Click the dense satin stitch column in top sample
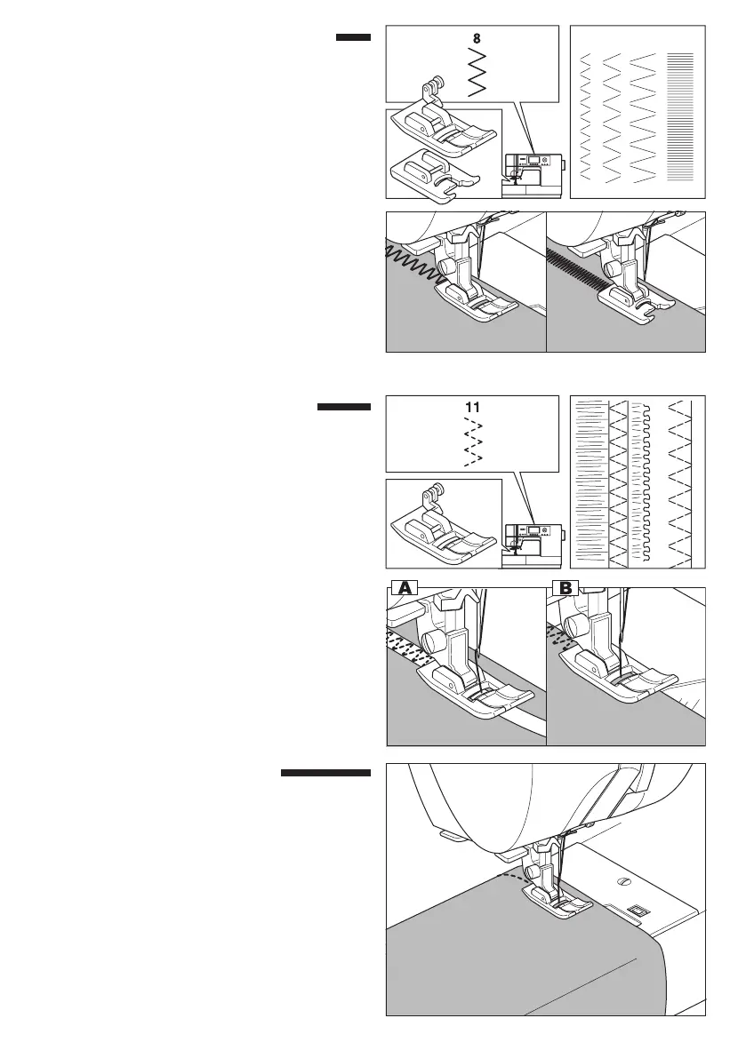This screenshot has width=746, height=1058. [x=679, y=111]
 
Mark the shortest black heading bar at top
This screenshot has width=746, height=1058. [x=352, y=37]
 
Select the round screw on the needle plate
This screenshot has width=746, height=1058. [x=622, y=882]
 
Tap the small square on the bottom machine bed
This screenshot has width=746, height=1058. [x=634, y=911]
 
